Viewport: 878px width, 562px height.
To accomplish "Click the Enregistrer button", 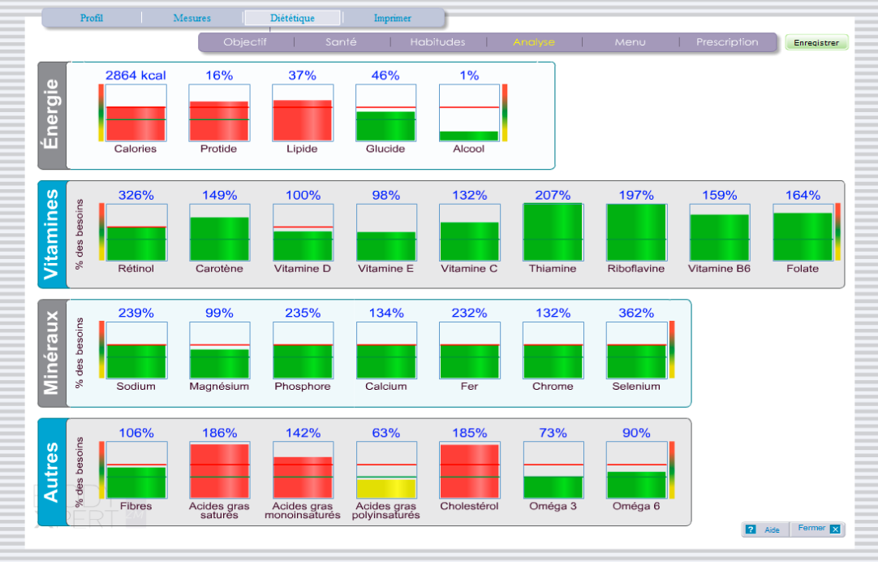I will (816, 42).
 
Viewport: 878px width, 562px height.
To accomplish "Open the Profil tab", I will (92, 18).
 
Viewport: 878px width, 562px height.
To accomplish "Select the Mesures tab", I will (192, 18).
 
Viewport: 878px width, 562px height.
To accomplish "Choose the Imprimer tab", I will (393, 18).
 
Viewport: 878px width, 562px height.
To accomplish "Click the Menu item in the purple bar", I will (630, 42).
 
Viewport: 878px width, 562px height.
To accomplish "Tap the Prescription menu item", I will (727, 42).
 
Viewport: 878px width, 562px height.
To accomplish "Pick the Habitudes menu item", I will (437, 42).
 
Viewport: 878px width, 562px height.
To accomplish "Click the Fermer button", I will (817, 529).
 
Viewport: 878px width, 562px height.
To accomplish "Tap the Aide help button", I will (764, 530).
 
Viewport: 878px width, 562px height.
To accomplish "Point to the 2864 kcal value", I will (136, 76).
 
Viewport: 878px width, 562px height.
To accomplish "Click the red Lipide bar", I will (302, 120).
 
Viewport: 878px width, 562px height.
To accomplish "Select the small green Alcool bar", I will (468, 136).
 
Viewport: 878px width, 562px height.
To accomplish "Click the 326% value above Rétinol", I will (136, 195).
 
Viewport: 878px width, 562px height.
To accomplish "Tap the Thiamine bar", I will (553, 231).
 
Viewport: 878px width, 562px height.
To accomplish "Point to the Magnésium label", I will (219, 387).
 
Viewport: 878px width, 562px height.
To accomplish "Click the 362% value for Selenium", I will (636, 313).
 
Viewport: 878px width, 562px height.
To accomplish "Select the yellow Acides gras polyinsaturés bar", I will (385, 488).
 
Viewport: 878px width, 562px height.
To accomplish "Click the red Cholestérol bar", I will (469, 471).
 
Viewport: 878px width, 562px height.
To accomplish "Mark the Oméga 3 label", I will (553, 506).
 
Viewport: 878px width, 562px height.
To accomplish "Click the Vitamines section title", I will (52, 234).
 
